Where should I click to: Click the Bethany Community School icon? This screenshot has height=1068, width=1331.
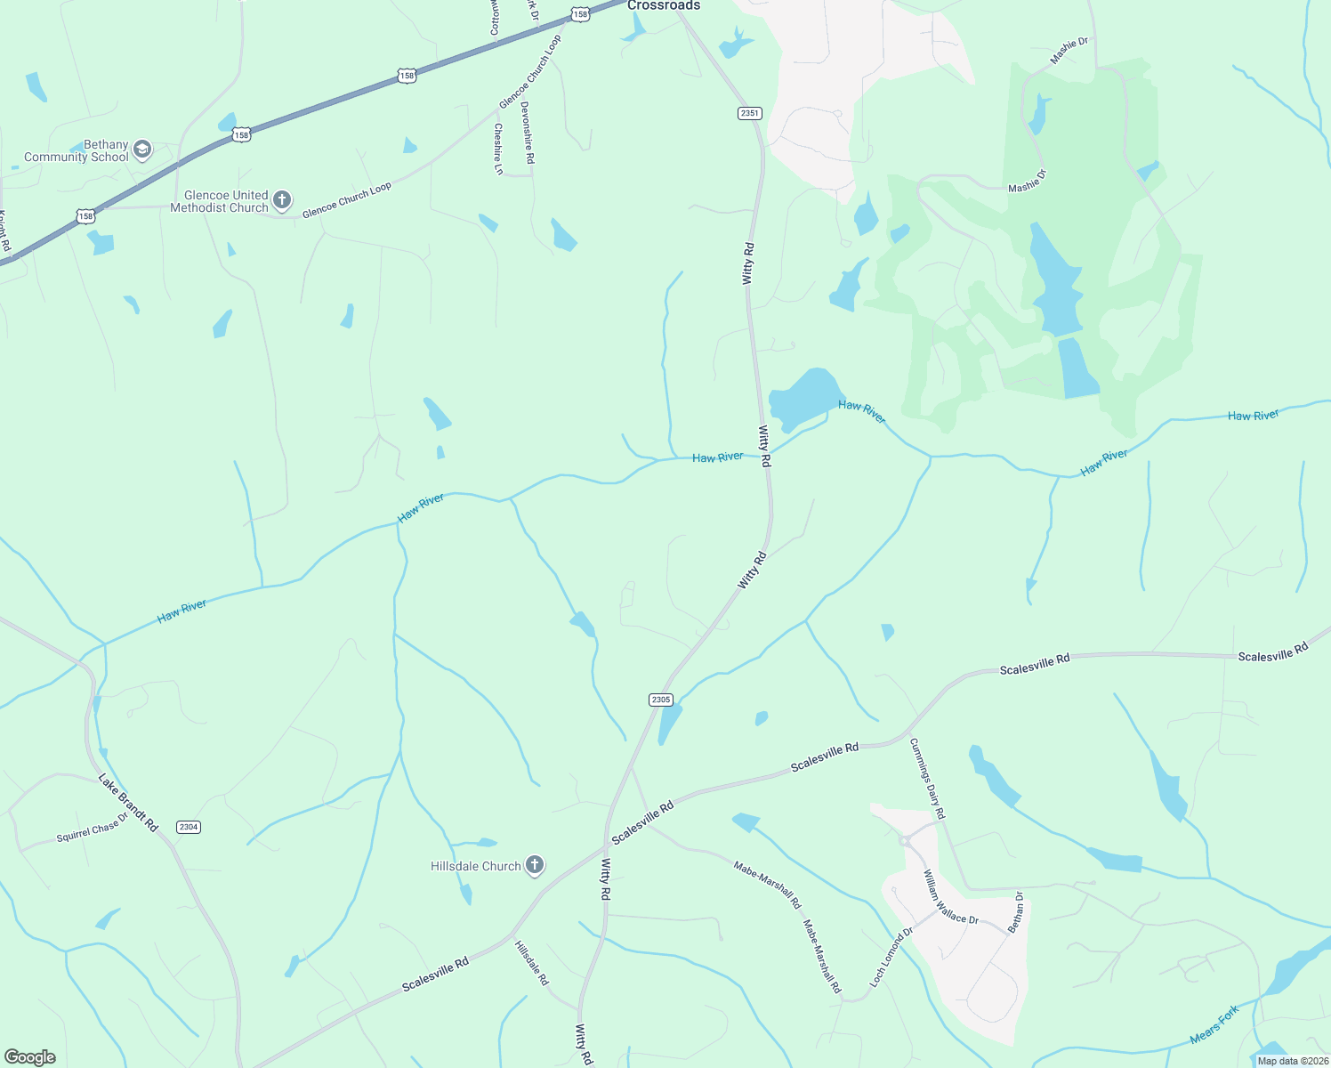click(x=142, y=150)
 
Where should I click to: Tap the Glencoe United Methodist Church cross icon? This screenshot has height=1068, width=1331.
click(x=282, y=200)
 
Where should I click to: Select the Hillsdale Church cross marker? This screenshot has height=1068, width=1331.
click(x=535, y=865)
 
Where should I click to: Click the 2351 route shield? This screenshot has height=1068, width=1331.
click(x=749, y=113)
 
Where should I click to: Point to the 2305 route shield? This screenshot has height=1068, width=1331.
click(x=660, y=700)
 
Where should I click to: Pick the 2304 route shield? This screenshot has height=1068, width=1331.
click(x=188, y=827)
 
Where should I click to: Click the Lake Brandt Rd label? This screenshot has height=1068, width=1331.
click(x=127, y=803)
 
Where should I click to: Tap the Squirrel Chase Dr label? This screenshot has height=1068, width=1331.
click(x=93, y=828)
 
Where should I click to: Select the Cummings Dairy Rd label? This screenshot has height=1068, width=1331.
click(x=927, y=779)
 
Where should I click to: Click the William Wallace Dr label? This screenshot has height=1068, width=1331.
click(x=950, y=897)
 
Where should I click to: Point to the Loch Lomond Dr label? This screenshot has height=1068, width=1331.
click(x=891, y=958)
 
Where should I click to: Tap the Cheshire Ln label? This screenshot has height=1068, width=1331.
click(x=498, y=149)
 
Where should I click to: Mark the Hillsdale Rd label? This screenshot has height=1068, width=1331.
click(x=532, y=963)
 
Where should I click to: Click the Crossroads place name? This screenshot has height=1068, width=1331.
click(x=664, y=5)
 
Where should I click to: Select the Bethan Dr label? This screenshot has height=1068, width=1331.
click(x=1016, y=912)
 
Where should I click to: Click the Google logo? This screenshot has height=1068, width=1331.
click(x=29, y=1057)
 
